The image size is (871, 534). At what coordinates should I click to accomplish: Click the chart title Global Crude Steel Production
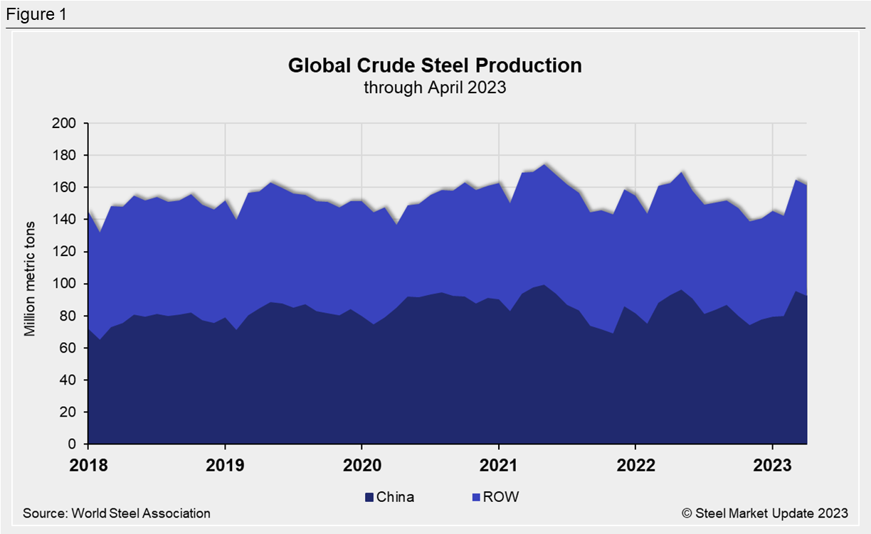435,65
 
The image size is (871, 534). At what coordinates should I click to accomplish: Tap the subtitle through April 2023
435,87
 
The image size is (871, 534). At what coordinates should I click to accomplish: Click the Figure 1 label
36,14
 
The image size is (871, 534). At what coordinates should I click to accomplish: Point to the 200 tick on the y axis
66,124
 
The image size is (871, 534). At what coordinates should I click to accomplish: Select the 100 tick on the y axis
66,284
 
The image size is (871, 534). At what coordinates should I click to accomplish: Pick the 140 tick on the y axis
66,220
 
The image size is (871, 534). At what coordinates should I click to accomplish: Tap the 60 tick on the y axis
70,348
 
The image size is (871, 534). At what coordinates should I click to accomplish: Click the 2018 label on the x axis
88,466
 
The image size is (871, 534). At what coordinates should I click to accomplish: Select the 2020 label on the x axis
361,466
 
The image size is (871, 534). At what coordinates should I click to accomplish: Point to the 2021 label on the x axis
499,466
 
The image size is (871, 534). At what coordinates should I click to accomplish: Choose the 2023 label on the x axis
773,466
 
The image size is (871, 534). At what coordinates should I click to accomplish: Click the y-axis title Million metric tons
30,283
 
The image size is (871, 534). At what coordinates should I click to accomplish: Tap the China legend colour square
369,497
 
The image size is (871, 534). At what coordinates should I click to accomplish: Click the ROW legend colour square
476,497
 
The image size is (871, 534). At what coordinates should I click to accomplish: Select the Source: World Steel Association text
117,513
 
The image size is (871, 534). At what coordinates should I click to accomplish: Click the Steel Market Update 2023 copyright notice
764,513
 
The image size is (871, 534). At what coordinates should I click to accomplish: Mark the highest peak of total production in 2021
544,164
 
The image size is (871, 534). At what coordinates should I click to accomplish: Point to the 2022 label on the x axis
635,466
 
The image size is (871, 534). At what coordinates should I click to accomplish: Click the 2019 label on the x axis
225,466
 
